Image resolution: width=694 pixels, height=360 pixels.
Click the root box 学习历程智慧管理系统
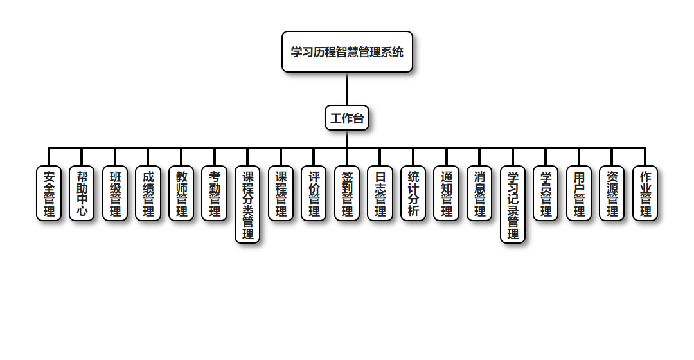tap(347, 51)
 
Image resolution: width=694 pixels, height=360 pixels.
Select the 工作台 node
tap(347, 118)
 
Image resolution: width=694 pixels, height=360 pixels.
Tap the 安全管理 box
tap(49, 194)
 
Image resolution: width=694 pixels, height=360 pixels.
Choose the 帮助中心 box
tap(82, 194)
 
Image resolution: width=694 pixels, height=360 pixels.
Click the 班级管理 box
tap(115, 194)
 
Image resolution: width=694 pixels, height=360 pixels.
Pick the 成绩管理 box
tap(148, 194)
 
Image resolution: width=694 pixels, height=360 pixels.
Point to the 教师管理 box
tap(181, 194)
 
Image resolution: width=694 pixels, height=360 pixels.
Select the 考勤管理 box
tap(215, 194)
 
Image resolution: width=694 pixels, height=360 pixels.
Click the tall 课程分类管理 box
tap(247, 204)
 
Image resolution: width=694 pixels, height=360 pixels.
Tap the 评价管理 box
tap(314, 194)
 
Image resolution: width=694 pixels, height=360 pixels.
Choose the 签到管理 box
tap(347, 194)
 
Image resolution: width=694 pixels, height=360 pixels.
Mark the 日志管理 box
tap(380, 194)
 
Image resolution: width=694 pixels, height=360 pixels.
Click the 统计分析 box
tap(413, 194)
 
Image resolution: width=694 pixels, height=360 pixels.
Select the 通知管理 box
tap(447, 194)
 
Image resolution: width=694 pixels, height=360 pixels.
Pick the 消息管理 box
tap(479, 194)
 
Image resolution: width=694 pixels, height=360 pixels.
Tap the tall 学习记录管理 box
tap(513, 204)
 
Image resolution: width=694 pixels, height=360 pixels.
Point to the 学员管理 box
tap(546, 194)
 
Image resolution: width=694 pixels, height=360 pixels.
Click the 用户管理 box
tap(579, 194)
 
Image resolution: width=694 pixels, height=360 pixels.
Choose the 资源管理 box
tap(612, 194)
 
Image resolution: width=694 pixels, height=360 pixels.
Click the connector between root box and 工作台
tap(347, 89)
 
